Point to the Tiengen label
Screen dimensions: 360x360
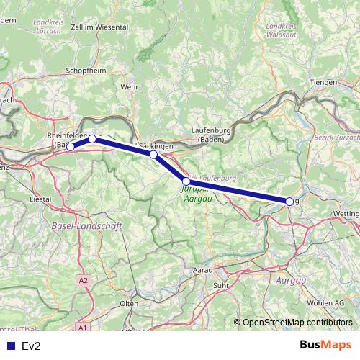pos(323,83)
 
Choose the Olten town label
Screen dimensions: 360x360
pos(129,304)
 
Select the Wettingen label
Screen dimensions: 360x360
pos(346,215)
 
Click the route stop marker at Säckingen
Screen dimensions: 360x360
pos(153,154)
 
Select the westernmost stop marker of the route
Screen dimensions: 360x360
pos(71,147)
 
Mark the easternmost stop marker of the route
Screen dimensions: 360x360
pos(289,202)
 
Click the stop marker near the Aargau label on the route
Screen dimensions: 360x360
pos(186,181)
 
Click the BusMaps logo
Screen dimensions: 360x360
pos(325,346)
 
